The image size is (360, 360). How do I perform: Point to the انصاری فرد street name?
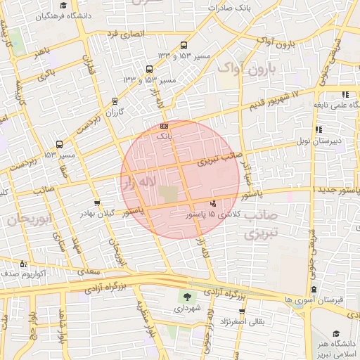coord(124,34)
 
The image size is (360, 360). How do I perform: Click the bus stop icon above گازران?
coord(115,101)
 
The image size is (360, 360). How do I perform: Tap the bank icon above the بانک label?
coord(164,126)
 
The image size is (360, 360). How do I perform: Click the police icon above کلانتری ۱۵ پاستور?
coord(213,203)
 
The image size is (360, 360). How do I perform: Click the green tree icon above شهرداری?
coord(187,296)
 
